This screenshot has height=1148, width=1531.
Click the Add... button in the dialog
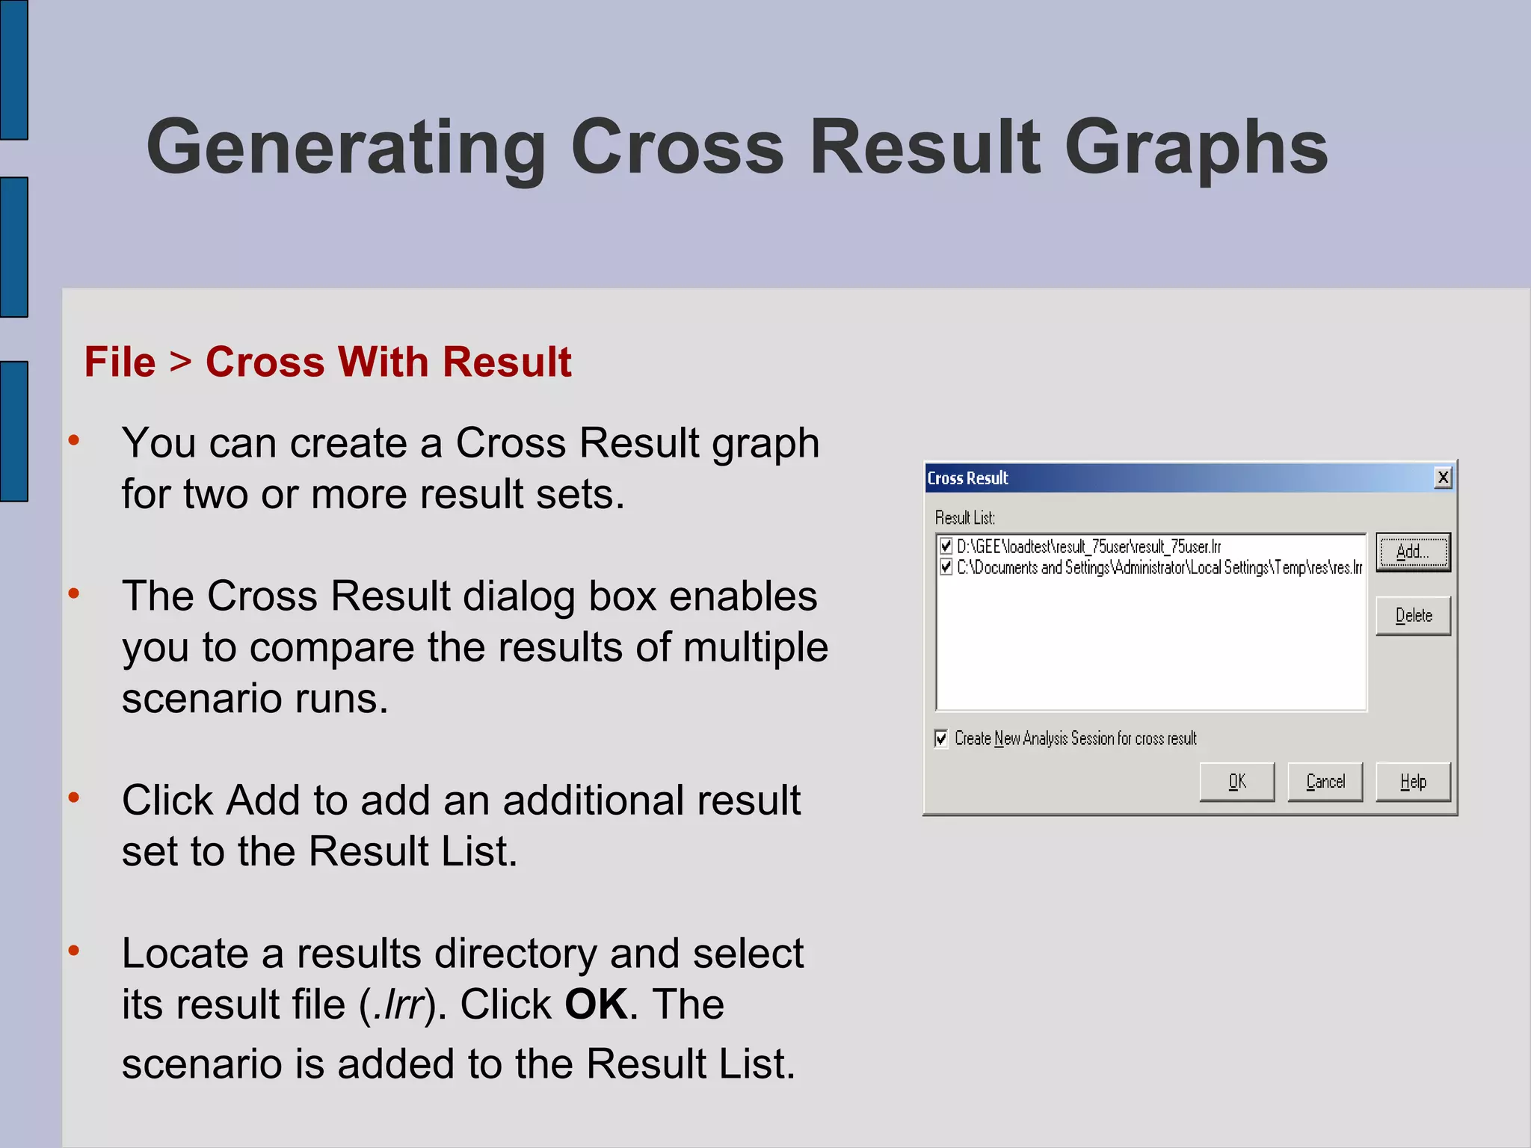[1412, 552]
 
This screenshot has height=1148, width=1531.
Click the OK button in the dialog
[1236, 782]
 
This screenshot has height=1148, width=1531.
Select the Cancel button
[1325, 782]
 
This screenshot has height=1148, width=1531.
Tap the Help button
[1413, 782]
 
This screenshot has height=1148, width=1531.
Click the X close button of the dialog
[1443, 478]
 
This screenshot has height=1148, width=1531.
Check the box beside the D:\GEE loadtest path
[946, 546]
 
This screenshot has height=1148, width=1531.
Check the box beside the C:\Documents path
[946, 567]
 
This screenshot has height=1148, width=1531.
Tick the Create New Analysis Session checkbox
[941, 738]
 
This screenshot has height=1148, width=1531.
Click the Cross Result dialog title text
[967, 478]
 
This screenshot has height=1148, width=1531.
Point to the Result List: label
[964, 518]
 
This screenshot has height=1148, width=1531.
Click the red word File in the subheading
[120, 362]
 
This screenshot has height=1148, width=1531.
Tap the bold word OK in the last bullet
[596, 1004]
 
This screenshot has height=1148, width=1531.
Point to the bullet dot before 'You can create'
[73, 440]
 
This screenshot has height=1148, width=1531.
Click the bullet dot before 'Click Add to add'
[73, 797]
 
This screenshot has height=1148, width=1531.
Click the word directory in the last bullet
[515, 954]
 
